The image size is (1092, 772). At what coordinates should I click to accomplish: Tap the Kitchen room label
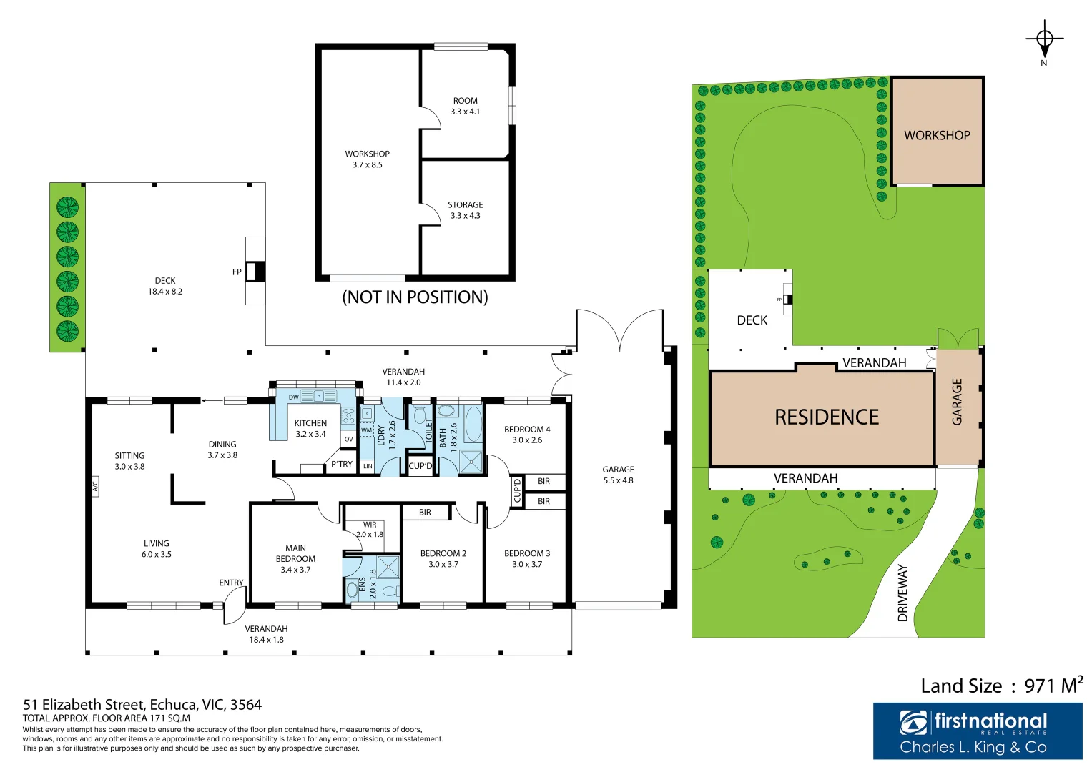[310, 423]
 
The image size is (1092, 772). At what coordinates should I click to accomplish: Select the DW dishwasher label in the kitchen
[293, 397]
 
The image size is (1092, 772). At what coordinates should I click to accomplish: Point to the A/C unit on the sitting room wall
[94, 487]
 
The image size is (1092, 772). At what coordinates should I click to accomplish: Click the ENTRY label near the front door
[231, 583]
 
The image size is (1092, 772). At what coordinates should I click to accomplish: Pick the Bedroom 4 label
[527, 430]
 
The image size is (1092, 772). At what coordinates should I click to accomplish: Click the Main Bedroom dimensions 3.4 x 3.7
[295, 570]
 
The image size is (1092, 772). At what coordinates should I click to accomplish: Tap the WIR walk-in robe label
[370, 525]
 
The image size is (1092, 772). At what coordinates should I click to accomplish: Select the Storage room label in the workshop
[465, 204]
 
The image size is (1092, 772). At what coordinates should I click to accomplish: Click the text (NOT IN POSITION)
[415, 297]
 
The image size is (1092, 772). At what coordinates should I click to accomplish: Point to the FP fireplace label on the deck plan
[237, 272]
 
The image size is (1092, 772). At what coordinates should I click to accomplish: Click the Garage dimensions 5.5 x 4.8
[618, 480]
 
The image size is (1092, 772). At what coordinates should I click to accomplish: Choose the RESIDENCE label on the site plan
[827, 417]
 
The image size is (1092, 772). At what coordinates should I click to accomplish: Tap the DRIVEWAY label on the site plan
[902, 593]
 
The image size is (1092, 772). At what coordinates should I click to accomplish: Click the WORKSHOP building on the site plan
[937, 135]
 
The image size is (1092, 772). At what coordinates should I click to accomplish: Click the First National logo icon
[913, 723]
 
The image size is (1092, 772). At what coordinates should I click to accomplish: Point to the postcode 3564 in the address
[245, 705]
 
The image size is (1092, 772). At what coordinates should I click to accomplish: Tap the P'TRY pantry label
[342, 464]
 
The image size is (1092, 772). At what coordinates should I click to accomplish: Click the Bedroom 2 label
[443, 553]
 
